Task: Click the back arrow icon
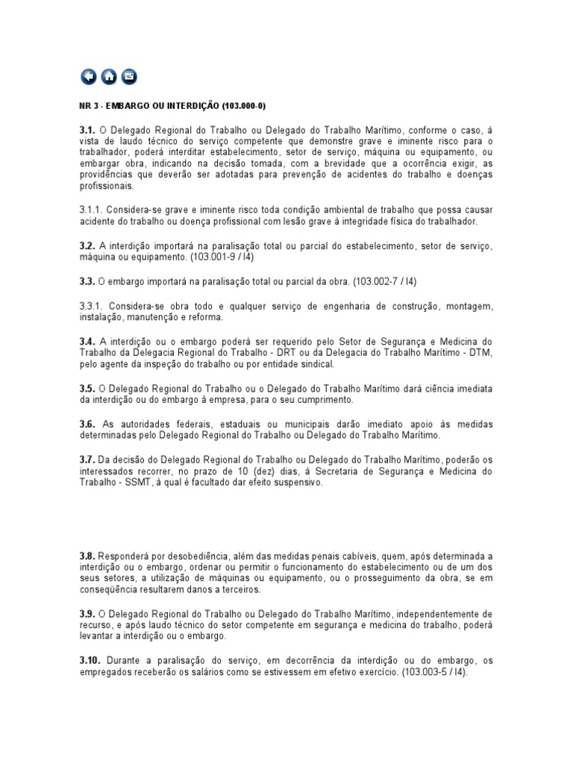pos(88,76)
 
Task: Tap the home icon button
pos(109,76)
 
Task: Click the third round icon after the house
pos(129,76)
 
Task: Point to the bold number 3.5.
pos(87,389)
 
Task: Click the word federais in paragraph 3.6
pos(195,424)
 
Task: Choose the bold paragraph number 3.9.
pos(87,614)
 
